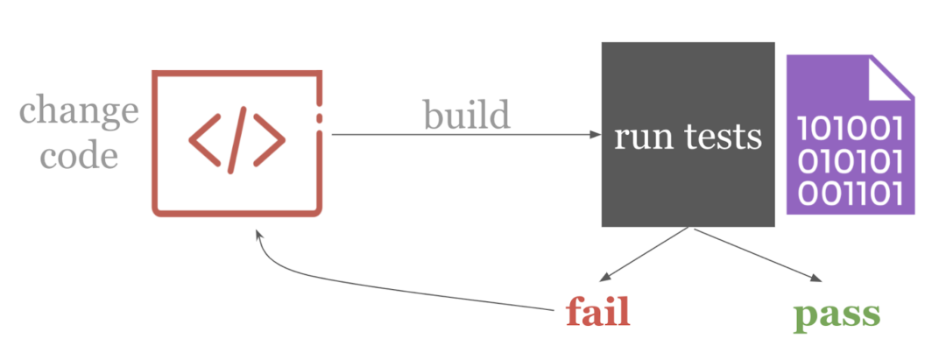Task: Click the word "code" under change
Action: pyautogui.click(x=79, y=156)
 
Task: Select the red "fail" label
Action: pyautogui.click(x=598, y=313)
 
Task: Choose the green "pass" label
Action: pyautogui.click(x=837, y=314)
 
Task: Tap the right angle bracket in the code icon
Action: pyautogui.click(x=269, y=140)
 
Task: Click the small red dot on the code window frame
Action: pyautogui.click(x=319, y=117)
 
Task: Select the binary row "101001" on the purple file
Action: pyautogui.click(x=850, y=129)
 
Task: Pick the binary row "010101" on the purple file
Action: pyautogui.click(x=850, y=162)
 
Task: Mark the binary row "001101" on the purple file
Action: pyautogui.click(x=850, y=194)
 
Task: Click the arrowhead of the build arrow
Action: pyautogui.click(x=596, y=135)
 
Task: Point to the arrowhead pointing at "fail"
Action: pyautogui.click(x=604, y=278)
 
